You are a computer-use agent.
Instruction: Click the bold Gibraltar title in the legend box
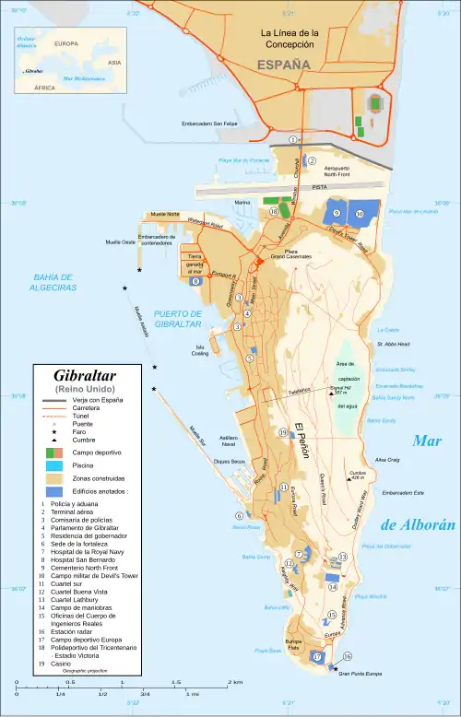point(88,376)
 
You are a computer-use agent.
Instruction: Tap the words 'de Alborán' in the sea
point(419,525)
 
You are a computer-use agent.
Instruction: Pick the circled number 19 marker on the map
point(283,432)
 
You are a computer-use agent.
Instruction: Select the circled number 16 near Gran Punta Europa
point(347,656)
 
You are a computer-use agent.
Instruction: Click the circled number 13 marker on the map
point(342,557)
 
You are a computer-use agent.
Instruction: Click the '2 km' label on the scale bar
point(235,683)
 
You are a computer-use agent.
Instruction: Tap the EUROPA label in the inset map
point(65,43)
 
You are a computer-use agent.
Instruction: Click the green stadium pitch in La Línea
point(377,101)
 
